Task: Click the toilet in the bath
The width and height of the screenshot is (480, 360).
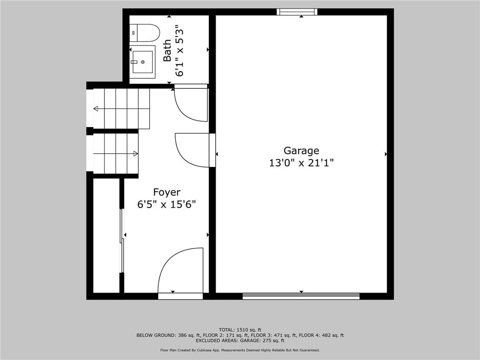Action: [145, 33]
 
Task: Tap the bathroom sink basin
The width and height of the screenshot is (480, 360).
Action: [142, 62]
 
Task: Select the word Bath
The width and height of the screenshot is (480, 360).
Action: [167, 51]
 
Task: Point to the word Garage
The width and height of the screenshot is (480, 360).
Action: [301, 150]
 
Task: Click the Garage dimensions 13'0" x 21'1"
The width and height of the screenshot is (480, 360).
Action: [301, 163]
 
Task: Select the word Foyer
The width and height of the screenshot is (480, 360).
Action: [167, 192]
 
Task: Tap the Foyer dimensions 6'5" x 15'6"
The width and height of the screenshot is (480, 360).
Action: [166, 204]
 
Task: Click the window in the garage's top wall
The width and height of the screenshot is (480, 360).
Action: [297, 12]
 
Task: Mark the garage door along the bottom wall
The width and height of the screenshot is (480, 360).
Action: [301, 296]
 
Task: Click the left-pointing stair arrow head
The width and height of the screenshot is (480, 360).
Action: [96, 109]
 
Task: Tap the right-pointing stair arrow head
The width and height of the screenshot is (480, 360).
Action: [135, 154]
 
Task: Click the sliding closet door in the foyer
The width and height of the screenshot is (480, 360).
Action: [122, 240]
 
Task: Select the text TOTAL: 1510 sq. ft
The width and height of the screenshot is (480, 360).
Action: [240, 330]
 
